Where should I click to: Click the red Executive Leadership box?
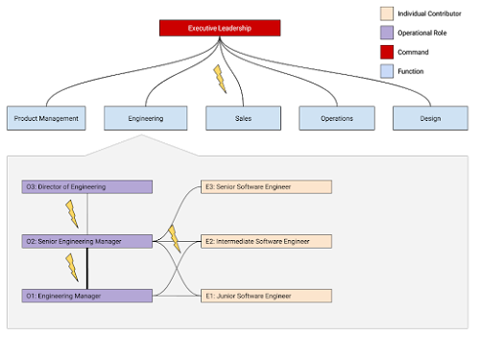220,28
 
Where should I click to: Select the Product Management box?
46,118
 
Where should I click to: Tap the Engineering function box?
146,118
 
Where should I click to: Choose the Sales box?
243,118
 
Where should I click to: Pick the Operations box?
337,118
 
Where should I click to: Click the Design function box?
430,118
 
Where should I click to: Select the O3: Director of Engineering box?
87,187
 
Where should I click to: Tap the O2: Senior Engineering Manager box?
87,241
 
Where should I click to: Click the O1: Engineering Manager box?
87,296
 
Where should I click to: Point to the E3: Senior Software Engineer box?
266,187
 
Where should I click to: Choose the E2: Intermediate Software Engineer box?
266,241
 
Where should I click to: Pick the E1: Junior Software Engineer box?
266,296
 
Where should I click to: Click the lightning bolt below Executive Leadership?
220,79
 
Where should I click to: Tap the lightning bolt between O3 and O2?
72,214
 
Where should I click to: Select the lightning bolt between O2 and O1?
72,268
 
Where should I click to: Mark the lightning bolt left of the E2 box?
175,239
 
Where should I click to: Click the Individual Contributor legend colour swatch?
387,13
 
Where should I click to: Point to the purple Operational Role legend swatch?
387,33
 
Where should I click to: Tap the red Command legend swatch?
387,52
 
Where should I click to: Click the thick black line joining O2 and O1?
87,269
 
